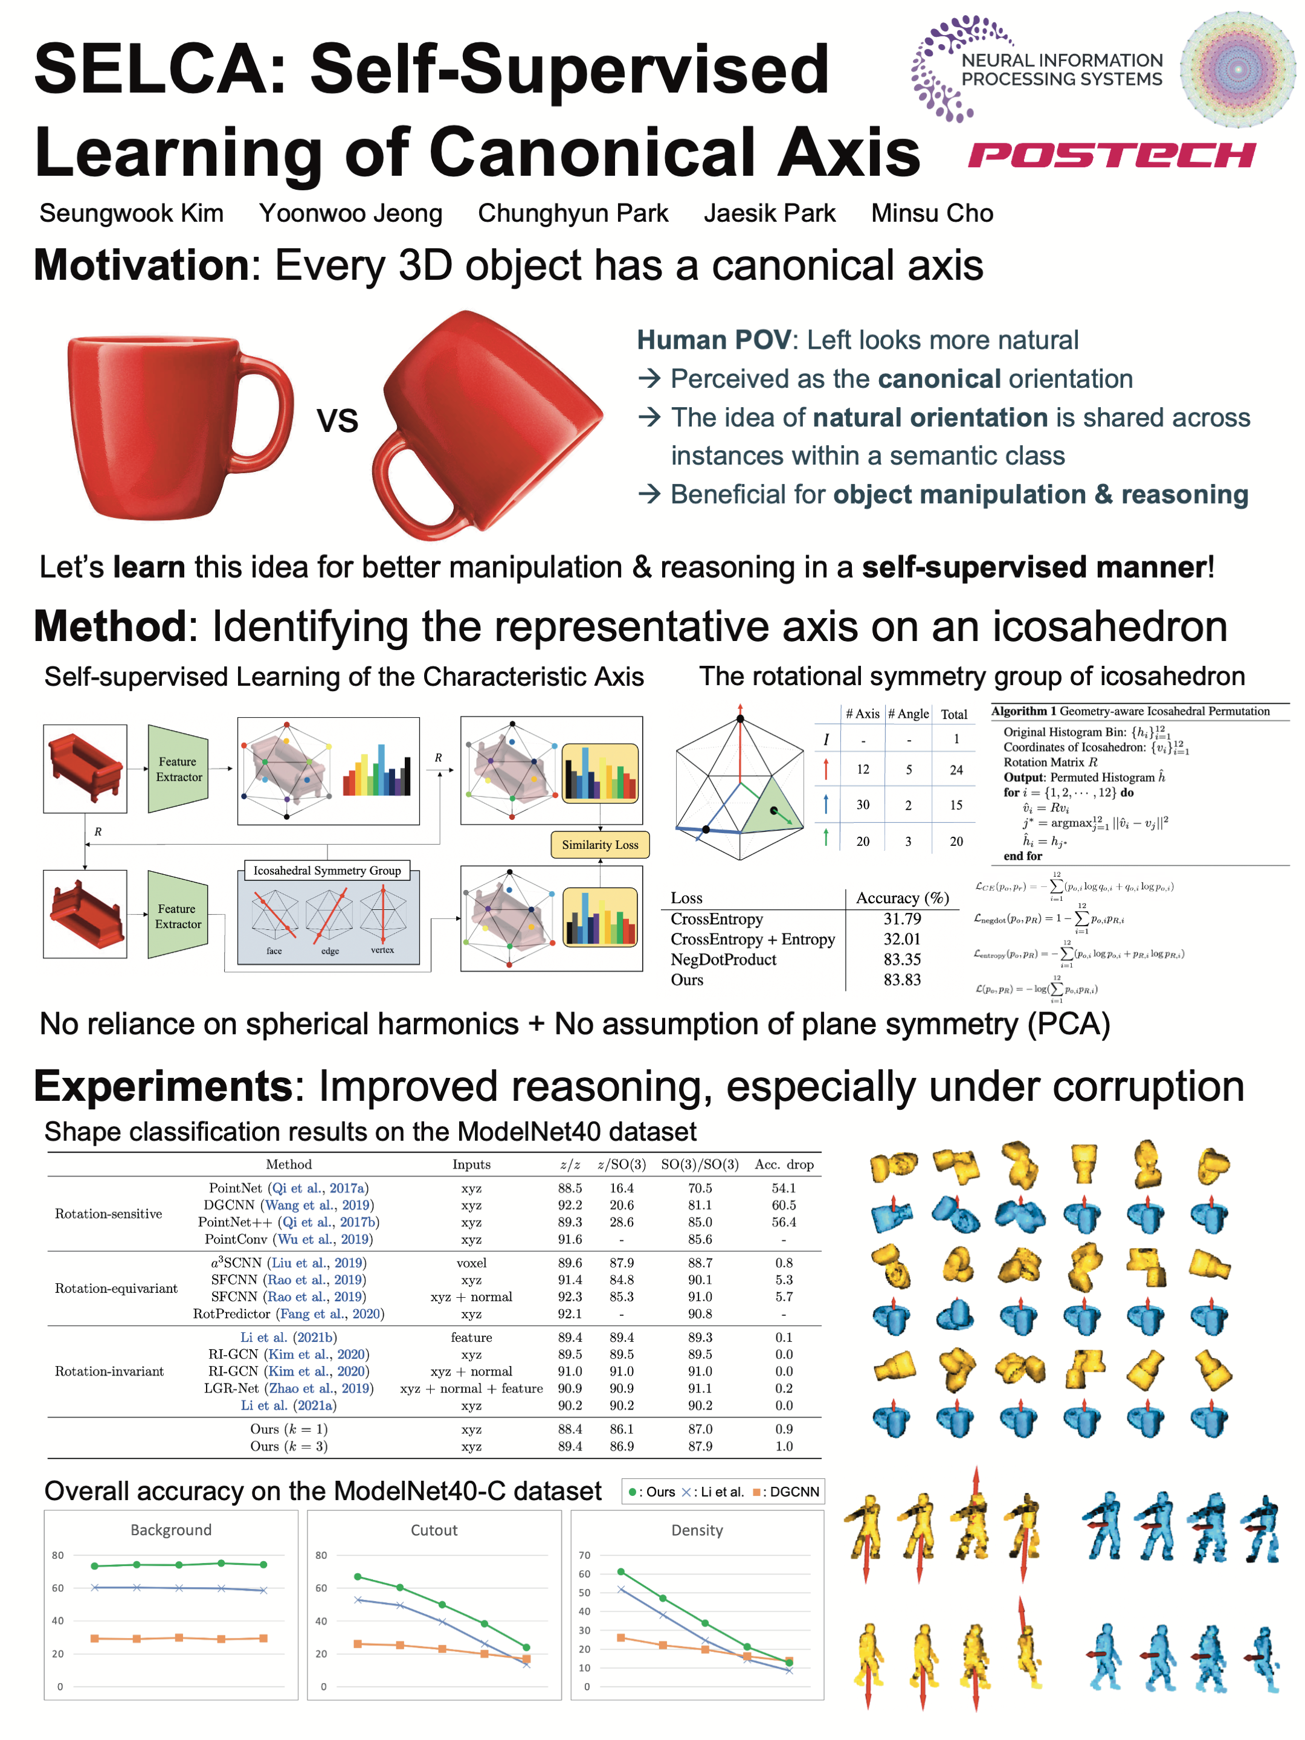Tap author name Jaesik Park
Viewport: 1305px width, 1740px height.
[768, 213]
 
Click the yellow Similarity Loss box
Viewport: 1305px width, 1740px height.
[599, 844]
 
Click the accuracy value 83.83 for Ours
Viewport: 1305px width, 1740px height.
[901, 979]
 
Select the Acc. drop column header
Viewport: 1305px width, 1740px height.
[784, 1164]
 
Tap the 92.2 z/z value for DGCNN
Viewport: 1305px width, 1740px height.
[570, 1205]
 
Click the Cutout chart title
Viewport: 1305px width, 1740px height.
[433, 1530]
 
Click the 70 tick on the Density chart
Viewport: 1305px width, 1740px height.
[584, 1555]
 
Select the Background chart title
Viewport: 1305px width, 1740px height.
[171, 1530]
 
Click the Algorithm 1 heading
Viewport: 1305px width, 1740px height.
[1023, 711]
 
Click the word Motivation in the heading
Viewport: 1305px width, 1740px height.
[141, 265]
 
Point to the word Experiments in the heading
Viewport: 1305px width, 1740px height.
[163, 1086]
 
